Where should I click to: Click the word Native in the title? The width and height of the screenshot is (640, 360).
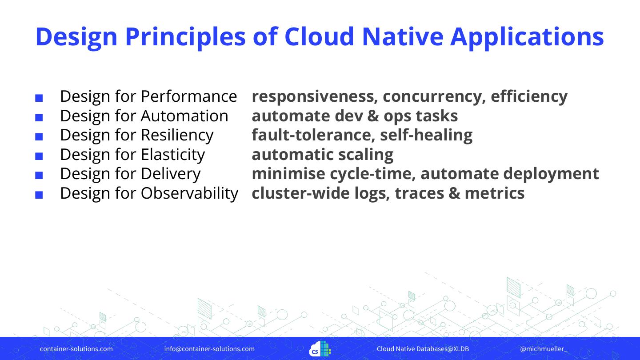pos(403,36)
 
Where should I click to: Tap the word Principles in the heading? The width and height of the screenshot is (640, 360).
pos(185,38)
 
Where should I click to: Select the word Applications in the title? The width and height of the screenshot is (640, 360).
pos(527,38)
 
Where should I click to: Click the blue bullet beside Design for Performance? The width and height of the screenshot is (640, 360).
pos(39,98)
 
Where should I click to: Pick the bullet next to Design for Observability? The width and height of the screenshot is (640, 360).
pos(39,195)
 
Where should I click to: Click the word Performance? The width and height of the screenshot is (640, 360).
pos(189,96)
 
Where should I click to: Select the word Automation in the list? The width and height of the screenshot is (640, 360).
pos(184,116)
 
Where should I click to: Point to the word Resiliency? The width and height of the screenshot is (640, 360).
pos(177,136)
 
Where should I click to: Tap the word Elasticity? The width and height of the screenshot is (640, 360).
pos(173,155)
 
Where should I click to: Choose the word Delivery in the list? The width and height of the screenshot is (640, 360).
pos(171,174)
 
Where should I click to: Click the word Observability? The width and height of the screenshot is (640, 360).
pos(189,193)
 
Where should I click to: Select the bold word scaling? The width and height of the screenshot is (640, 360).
pos(366,155)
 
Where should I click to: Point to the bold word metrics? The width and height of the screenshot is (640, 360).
pos(495,193)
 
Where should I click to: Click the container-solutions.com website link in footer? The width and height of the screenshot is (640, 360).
pos(76,349)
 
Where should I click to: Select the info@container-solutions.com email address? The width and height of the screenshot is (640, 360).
pos(209,349)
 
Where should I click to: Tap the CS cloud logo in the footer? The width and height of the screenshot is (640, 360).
pos(320,348)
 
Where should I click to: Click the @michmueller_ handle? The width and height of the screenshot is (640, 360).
pos(544,349)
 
